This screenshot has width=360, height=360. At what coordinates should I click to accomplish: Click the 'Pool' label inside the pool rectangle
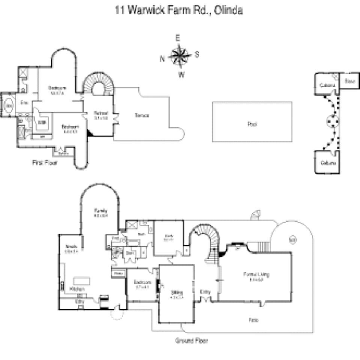pyautogui.click(x=252, y=124)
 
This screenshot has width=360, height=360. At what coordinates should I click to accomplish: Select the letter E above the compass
pyautogui.click(x=178, y=38)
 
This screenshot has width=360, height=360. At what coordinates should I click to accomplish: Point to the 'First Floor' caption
pyautogui.click(x=45, y=163)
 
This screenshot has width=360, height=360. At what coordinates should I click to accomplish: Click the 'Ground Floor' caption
pyautogui.click(x=191, y=340)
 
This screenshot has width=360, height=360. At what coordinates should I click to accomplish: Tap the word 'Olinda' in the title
pyautogui.click(x=228, y=10)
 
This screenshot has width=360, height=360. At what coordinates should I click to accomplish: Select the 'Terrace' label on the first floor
pyautogui.click(x=142, y=115)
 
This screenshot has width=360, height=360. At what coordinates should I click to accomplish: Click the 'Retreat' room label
pyautogui.click(x=101, y=113)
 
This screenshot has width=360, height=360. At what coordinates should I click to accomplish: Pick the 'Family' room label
pyautogui.click(x=100, y=211)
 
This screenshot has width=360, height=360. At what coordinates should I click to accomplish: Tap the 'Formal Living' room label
pyautogui.click(x=256, y=274)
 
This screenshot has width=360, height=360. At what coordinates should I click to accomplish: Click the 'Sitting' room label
pyautogui.click(x=176, y=292)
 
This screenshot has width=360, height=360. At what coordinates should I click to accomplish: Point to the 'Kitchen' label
pyautogui.click(x=77, y=289)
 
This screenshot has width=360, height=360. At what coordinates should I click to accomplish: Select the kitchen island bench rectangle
pyautogui.click(x=81, y=281)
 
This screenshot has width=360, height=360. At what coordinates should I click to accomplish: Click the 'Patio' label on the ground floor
pyautogui.click(x=253, y=320)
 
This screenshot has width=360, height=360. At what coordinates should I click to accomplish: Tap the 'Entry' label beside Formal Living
pyautogui.click(x=205, y=292)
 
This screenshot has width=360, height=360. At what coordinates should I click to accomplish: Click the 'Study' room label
pyautogui.click(x=168, y=236)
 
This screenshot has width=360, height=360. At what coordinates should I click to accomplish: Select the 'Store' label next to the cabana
pyautogui.click(x=349, y=81)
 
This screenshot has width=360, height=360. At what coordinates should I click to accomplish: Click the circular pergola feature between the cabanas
pyautogui.click(x=332, y=121)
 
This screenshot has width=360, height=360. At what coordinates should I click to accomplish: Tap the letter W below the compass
pyautogui.click(x=181, y=75)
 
